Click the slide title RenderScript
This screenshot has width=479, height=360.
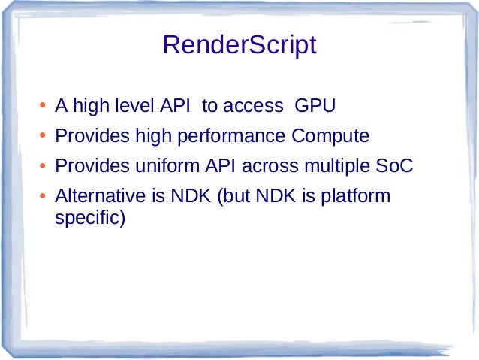239,46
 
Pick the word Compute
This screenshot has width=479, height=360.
330,136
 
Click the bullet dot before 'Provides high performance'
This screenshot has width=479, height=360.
43,136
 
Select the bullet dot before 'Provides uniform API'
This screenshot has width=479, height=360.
43,166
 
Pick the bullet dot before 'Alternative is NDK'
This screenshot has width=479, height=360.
43,196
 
